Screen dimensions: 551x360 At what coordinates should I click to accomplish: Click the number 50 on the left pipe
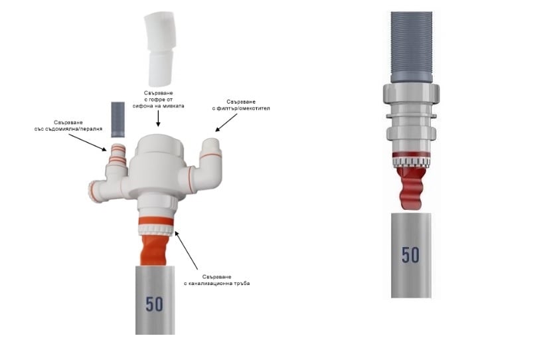(155, 304)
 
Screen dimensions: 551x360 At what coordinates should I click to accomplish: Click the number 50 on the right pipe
(410, 255)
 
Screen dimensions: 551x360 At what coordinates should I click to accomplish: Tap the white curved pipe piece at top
(160, 49)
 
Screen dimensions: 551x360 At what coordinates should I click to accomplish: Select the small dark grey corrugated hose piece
(118, 120)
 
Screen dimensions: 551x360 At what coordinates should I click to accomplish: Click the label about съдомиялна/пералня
(68, 126)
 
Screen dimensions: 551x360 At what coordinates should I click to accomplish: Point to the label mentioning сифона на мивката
(158, 100)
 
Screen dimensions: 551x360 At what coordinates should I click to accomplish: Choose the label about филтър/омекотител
(241, 105)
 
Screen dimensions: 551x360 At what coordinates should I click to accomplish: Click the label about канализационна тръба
(217, 280)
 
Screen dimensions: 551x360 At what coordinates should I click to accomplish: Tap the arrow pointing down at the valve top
(158, 118)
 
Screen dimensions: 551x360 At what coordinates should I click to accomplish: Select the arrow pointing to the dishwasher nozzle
(87, 142)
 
